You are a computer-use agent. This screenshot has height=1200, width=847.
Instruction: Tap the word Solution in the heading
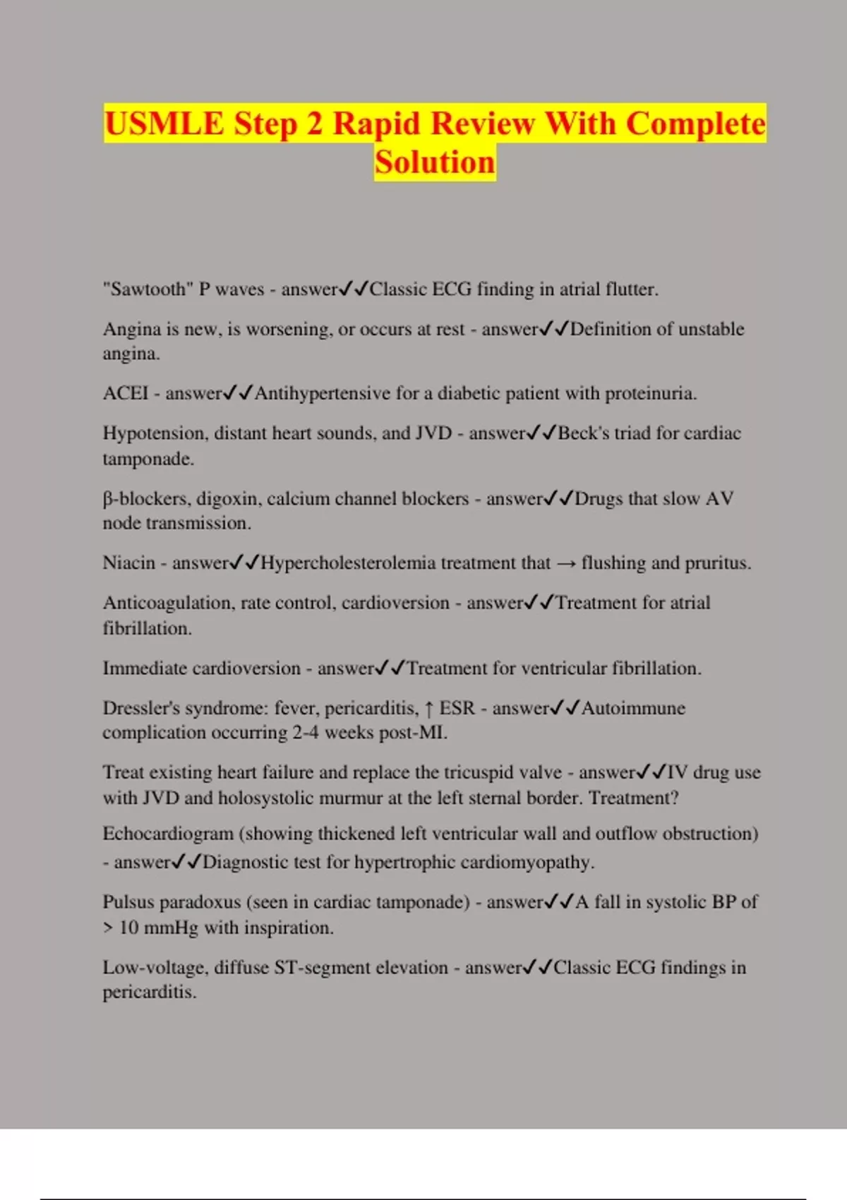click(435, 162)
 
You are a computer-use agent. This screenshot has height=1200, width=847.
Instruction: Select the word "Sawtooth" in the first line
click(148, 289)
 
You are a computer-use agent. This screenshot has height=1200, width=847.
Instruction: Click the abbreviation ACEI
click(126, 393)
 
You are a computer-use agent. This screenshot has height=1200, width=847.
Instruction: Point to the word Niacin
click(128, 563)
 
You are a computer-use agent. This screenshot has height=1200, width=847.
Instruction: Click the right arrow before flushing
click(565, 563)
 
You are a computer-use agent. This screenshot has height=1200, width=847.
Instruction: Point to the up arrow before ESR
click(428, 708)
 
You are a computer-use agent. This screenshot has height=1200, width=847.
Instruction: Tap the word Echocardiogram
click(168, 834)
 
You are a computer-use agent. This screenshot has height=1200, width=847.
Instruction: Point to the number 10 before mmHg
click(128, 928)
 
